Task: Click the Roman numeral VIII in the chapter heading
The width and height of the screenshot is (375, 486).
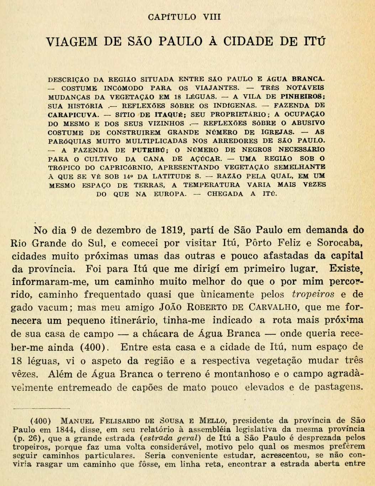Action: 212,17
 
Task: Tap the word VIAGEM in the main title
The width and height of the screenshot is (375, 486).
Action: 71,42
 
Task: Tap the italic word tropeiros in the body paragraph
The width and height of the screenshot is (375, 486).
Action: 313,295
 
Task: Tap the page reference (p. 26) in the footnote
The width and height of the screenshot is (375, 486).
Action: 25,438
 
